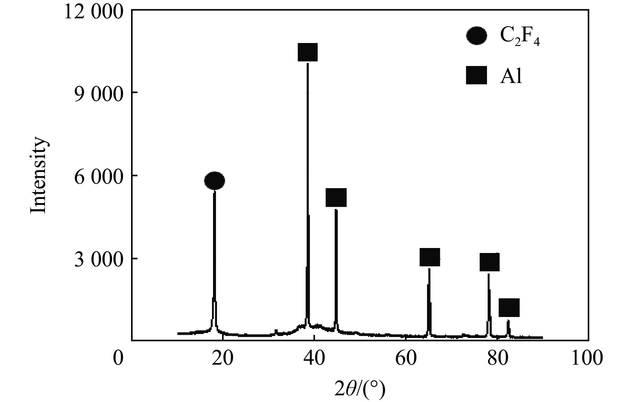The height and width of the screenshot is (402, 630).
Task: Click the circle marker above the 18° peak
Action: pos(214,181)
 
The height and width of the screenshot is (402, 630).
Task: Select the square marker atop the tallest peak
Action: pos(307,52)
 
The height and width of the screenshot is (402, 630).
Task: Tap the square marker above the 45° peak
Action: pos(336,197)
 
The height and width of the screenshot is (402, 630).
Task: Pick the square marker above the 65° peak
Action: pos(430,257)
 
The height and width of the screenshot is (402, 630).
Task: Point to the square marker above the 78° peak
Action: pos(490,262)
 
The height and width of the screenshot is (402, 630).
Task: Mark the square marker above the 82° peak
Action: pos(509,307)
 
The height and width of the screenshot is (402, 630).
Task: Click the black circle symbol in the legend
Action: pos(476,35)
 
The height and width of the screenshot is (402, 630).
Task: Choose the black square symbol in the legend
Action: pos(476,75)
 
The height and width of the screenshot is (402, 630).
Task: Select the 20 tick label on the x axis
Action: pos(222,358)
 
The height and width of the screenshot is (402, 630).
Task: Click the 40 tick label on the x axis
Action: pos(313,358)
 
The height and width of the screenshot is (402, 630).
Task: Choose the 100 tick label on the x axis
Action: pos(587,358)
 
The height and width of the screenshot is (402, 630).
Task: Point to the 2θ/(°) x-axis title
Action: pos(360,388)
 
